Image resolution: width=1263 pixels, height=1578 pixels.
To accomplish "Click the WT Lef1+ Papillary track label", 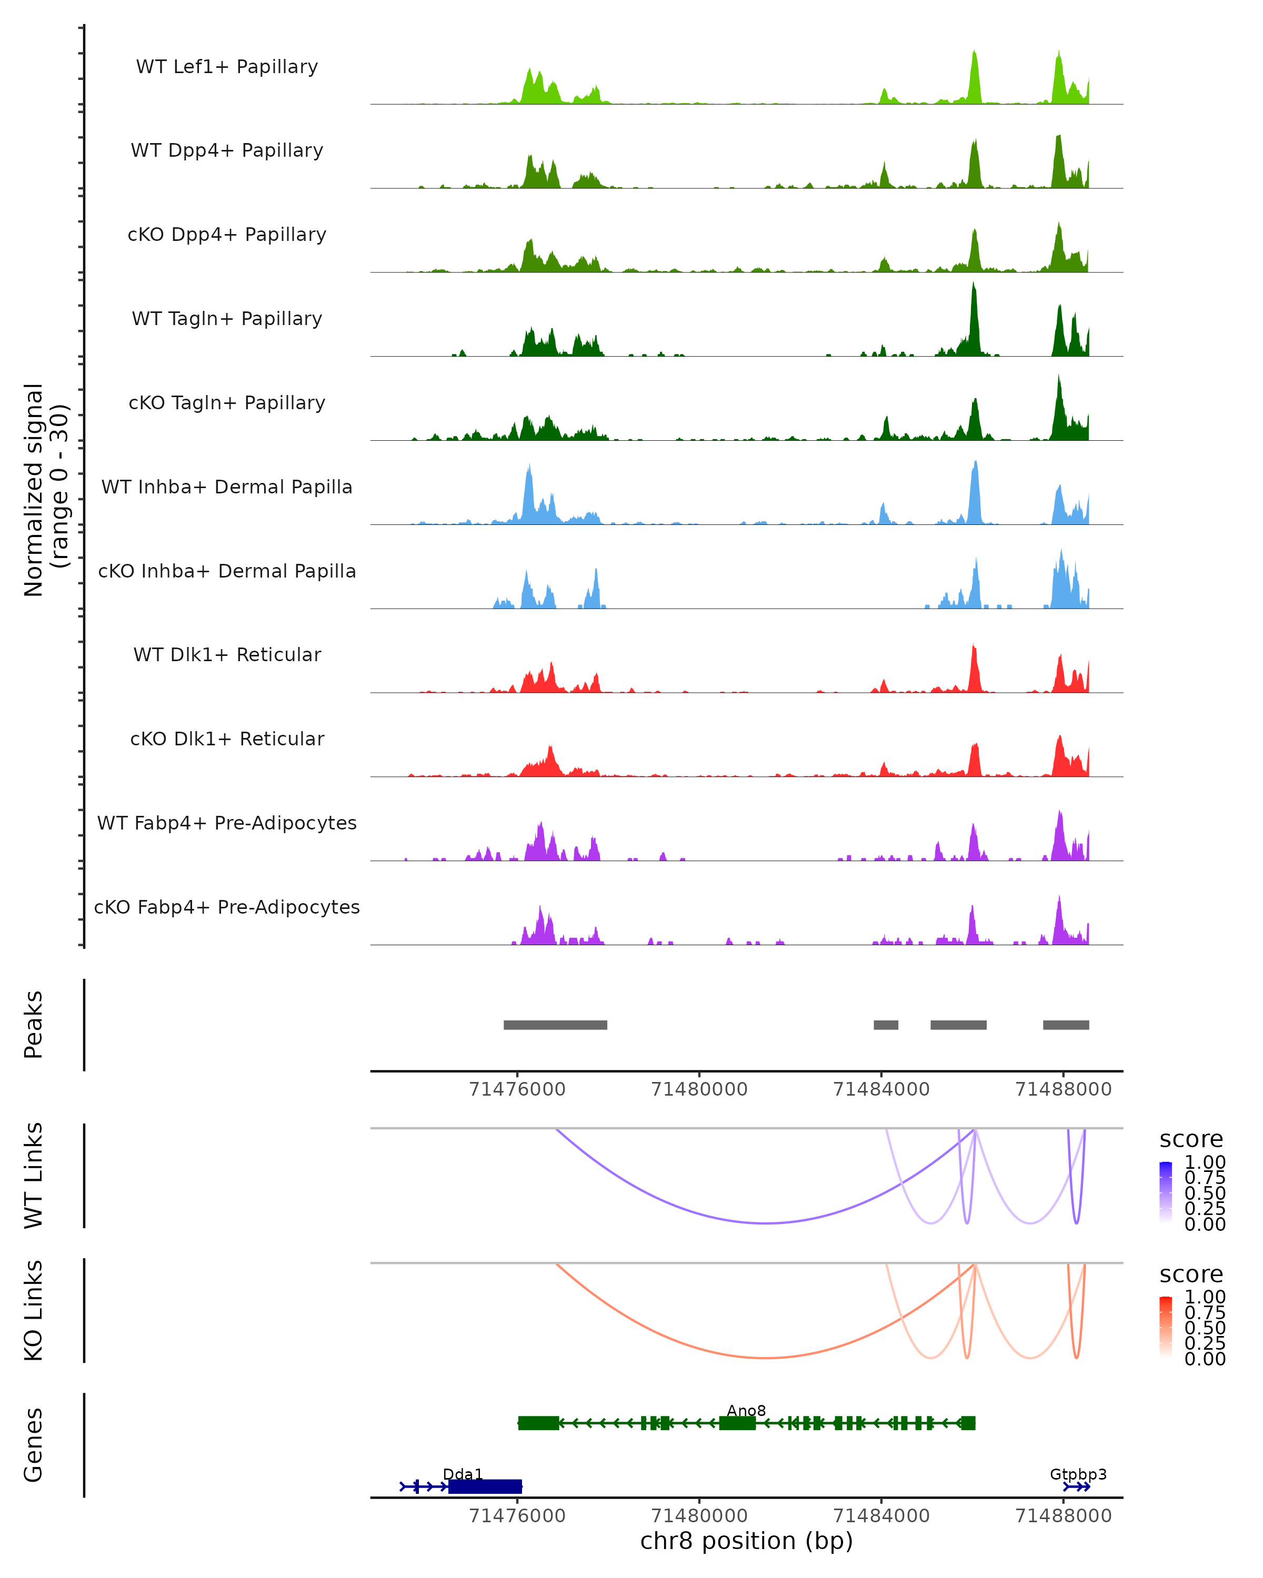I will tap(227, 67).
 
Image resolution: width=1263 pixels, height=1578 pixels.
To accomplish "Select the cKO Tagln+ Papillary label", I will tap(227, 402).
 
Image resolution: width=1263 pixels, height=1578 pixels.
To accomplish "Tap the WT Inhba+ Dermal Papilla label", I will tap(227, 487).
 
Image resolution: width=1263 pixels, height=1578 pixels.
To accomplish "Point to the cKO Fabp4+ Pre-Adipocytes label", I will tap(227, 907).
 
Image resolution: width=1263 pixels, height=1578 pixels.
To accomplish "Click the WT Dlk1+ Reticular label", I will tap(227, 654).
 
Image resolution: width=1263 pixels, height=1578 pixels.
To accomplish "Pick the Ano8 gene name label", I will tap(746, 1410).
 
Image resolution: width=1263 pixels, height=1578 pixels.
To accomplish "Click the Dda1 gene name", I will tap(463, 1474).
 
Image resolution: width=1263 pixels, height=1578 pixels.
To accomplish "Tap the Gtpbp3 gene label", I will tap(1078, 1474).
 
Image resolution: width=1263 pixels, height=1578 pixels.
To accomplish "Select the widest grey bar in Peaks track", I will tap(555, 1025).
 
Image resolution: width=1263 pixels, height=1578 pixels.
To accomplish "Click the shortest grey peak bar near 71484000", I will tap(886, 1025).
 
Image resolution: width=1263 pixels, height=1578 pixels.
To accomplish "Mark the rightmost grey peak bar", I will tap(1066, 1025).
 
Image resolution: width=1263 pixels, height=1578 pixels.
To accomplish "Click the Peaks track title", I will tap(34, 1024).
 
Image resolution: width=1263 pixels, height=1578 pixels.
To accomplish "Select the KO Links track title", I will tap(34, 1310).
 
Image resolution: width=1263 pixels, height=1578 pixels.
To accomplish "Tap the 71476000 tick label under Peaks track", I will tap(517, 1089).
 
